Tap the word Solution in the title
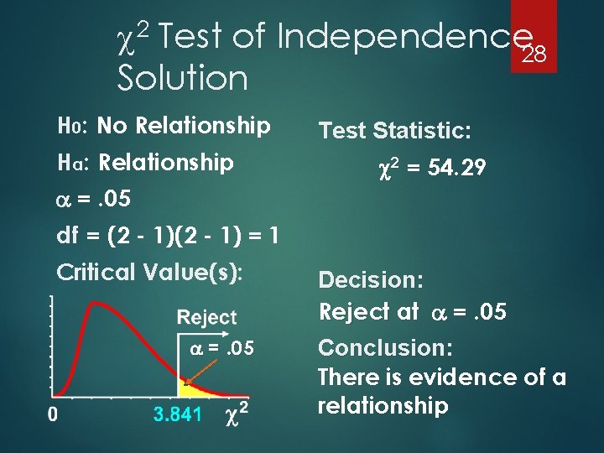[183, 79]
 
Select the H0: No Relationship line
[163, 127]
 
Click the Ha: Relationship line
[144, 162]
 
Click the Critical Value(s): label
[149, 272]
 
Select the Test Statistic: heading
[395, 131]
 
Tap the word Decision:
[370, 279]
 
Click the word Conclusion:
[385, 347]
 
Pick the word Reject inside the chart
[207, 318]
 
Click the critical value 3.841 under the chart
[178, 414]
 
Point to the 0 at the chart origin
[52, 414]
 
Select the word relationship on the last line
[383, 406]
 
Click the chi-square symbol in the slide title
[131, 37]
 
